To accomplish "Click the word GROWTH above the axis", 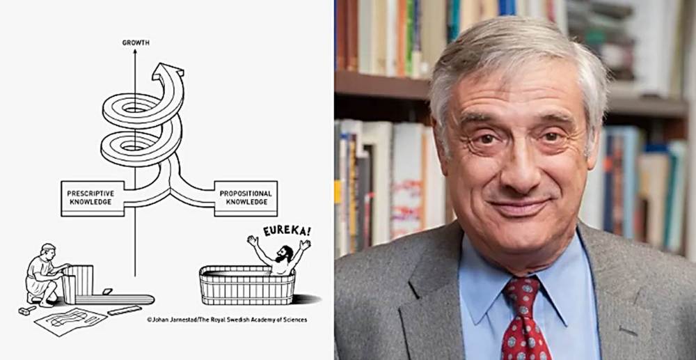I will [x=135, y=42].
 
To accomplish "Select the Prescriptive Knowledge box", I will [x=93, y=198].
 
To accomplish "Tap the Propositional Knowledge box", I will [x=246, y=198].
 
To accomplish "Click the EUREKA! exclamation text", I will [x=286, y=230].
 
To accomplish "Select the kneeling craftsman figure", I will [x=41, y=274].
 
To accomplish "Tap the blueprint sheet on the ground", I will [x=70, y=321].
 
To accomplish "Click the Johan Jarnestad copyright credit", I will [x=226, y=320].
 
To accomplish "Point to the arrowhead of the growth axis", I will [x=135, y=53].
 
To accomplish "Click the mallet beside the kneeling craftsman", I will [x=27, y=309].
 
